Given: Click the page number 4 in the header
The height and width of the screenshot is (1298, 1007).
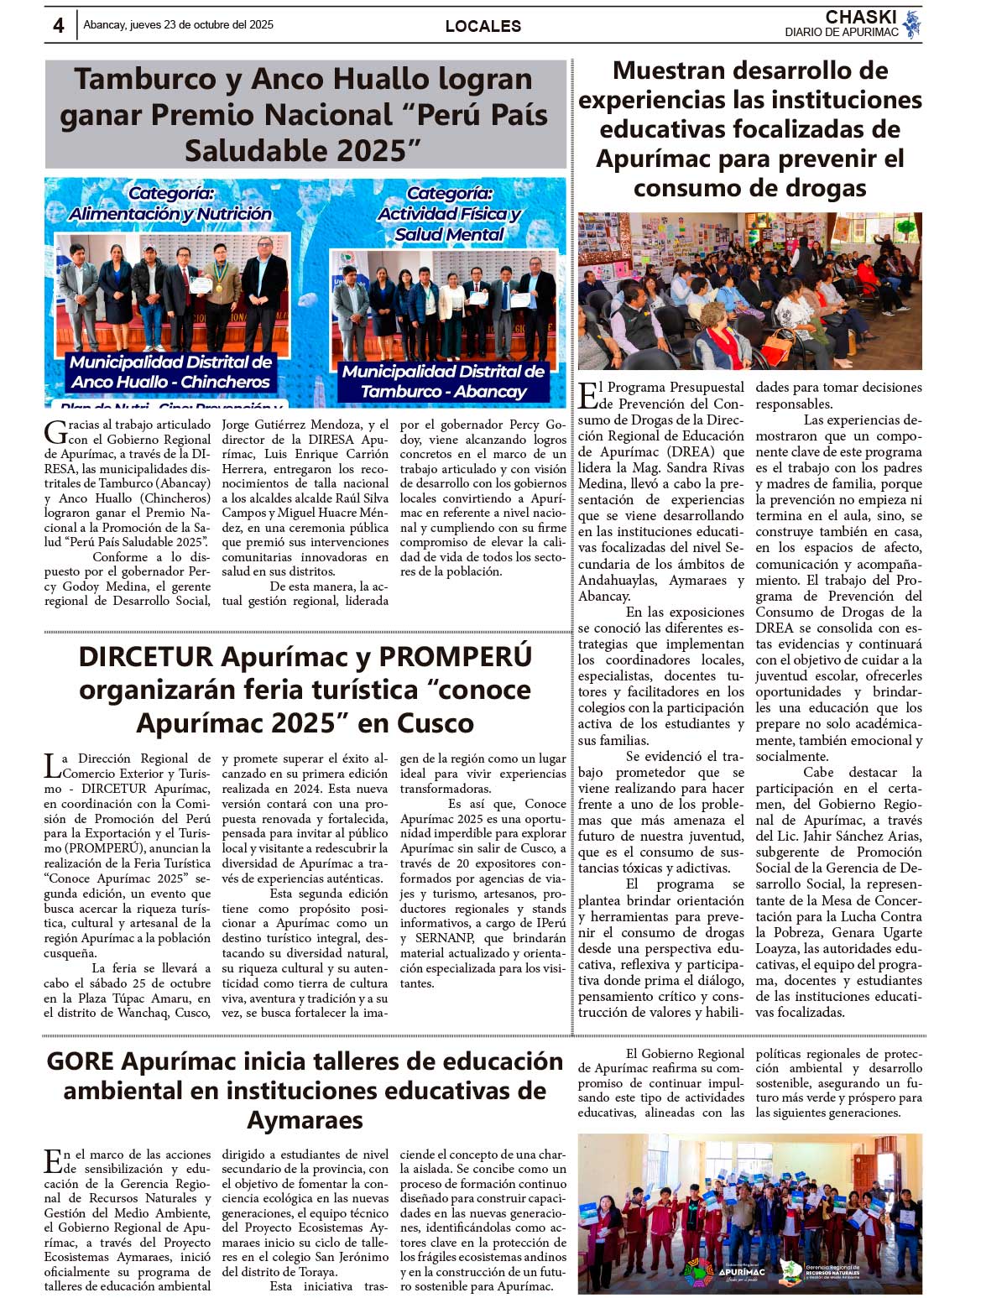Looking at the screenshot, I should pos(58,25).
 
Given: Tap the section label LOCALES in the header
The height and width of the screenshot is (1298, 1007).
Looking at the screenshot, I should pos(483,26).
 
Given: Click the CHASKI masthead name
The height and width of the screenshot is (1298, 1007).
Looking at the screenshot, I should pos(860,18).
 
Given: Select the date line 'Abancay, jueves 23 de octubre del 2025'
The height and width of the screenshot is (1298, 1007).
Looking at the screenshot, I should pos(178,25).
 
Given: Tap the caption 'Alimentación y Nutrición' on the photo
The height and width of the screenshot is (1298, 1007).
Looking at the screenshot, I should pos(170,214).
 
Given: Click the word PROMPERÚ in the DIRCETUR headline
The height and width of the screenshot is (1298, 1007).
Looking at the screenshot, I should pos(456,656).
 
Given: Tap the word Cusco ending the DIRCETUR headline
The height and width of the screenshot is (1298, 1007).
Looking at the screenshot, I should pos(435,723).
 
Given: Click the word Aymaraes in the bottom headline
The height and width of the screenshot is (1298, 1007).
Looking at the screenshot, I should pos(305,1120).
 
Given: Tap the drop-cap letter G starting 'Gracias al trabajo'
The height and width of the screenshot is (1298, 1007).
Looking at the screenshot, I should pos(55,432).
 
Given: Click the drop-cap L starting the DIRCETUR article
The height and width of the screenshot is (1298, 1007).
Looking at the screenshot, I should pos(52,765).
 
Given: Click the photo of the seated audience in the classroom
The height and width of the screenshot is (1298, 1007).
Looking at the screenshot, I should pos(749,291).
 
